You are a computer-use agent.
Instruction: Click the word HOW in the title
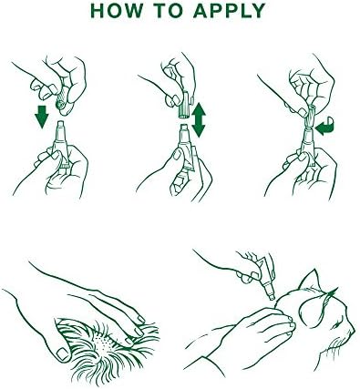pyautogui.click(x=117, y=11)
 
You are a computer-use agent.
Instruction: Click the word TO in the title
pyautogui.click(x=170, y=11)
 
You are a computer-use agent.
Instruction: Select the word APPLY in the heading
pyautogui.click(x=230, y=11)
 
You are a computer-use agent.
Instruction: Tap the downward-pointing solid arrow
pyautogui.click(x=42, y=116)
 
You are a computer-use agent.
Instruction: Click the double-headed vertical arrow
pyautogui.click(x=199, y=119)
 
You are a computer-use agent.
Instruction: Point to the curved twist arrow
pyautogui.click(x=324, y=127)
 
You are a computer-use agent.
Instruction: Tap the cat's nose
pyautogui.click(x=353, y=330)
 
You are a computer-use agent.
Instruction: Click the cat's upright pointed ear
pyautogui.click(x=309, y=281)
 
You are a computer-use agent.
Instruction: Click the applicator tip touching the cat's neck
pyautogui.click(x=272, y=296)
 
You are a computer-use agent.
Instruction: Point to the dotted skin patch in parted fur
pyautogui.click(x=102, y=343)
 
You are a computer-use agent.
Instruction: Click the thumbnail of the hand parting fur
pyautogui.click(x=63, y=353)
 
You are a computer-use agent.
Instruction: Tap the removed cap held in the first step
pyautogui.click(x=62, y=104)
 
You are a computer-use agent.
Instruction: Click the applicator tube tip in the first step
pyautogui.click(x=61, y=125)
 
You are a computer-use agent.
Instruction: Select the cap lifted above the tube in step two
pyautogui.click(x=184, y=104)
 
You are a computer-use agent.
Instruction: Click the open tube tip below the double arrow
pyautogui.click(x=184, y=128)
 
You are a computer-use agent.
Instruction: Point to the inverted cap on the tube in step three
pyautogui.click(x=310, y=117)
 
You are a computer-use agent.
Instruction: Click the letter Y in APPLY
pyautogui.click(x=258, y=11)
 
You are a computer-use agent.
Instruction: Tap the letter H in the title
pyautogui.click(x=98, y=11)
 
